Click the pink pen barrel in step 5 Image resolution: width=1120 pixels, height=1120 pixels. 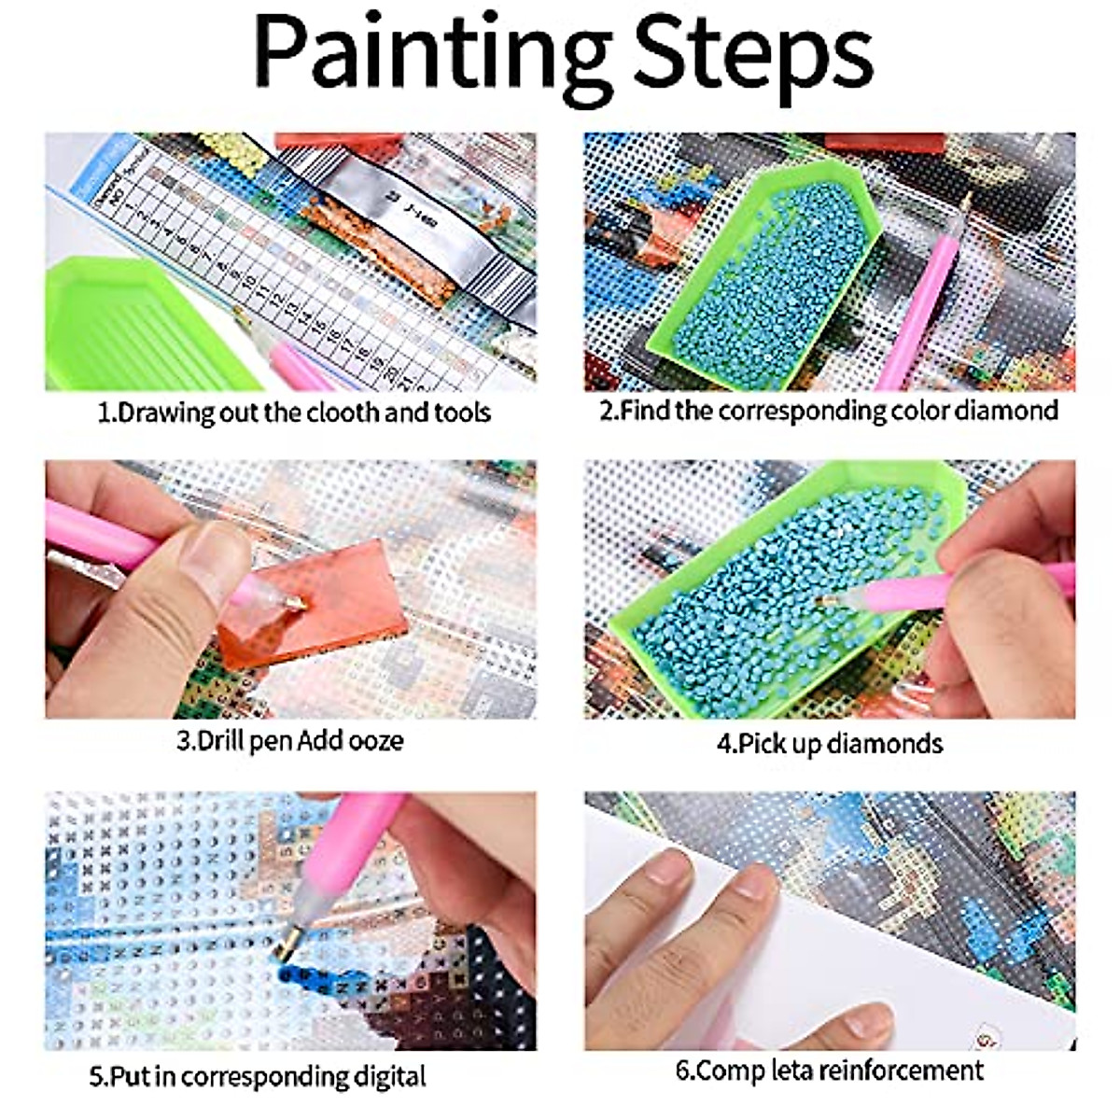359,840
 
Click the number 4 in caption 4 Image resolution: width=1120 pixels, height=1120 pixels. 724,744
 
